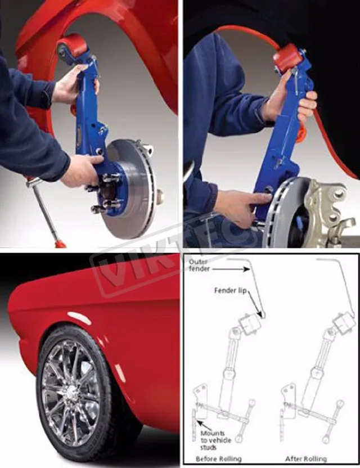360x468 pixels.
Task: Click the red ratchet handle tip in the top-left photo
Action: (x=58, y=244)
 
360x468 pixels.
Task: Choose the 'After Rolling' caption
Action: (x=305, y=458)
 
